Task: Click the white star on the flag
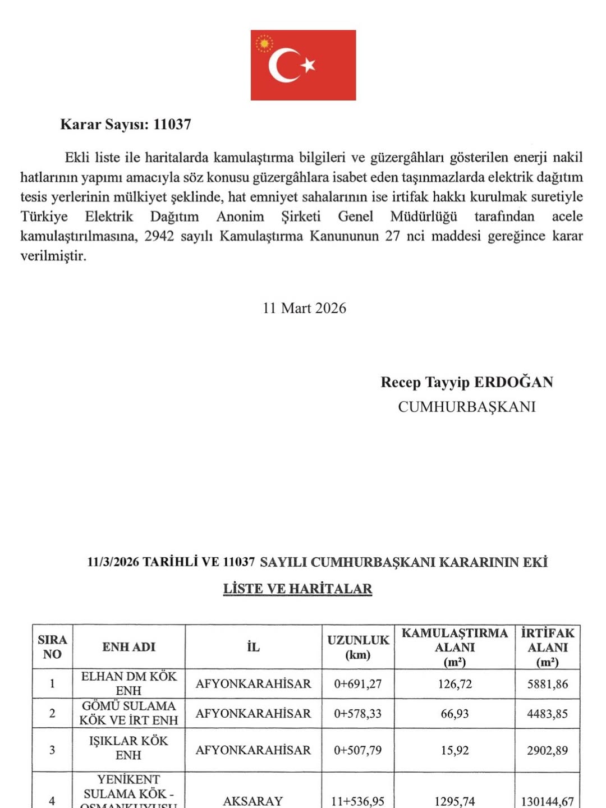(x=308, y=66)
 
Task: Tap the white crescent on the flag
(x=281, y=65)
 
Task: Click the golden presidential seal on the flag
(x=264, y=44)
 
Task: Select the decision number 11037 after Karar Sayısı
(x=172, y=125)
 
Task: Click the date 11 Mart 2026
(x=304, y=308)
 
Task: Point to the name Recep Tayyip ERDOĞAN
(x=467, y=382)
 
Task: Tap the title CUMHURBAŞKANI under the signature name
(x=467, y=407)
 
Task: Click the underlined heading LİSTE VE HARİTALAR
(x=297, y=589)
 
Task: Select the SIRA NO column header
(x=52, y=647)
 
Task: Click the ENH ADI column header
(x=128, y=647)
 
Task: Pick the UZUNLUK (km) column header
(x=358, y=647)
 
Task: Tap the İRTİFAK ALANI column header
(x=547, y=647)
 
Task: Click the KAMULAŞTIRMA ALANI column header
(x=454, y=647)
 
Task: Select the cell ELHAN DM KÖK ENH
(x=128, y=683)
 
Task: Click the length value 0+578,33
(x=357, y=714)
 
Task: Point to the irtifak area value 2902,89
(x=547, y=750)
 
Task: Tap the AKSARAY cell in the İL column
(x=253, y=801)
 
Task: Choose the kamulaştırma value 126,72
(x=454, y=684)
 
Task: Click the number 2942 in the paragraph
(x=159, y=236)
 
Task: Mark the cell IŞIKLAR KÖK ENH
(x=128, y=748)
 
